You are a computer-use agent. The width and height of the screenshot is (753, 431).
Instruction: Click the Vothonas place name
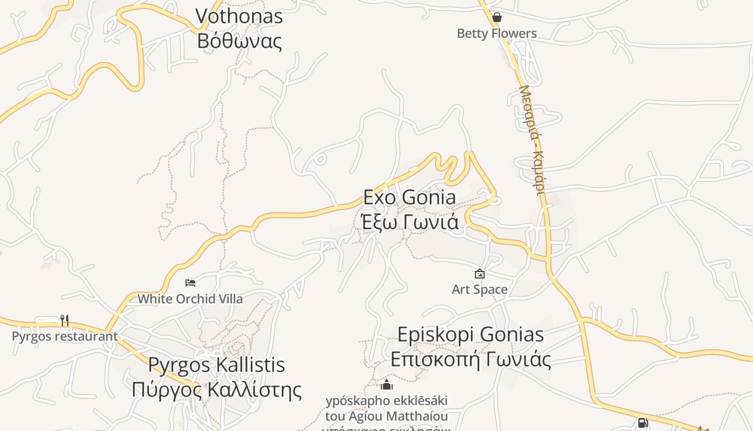pyautogui.click(x=239, y=16)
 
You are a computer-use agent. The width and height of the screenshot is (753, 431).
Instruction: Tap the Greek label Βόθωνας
pyautogui.click(x=239, y=41)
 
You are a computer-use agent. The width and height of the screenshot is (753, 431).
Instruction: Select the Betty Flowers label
pyautogui.click(x=496, y=33)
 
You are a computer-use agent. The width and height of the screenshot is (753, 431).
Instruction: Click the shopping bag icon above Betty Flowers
pyautogui.click(x=497, y=17)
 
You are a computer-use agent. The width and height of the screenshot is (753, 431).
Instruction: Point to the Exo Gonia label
pyautogui.click(x=409, y=197)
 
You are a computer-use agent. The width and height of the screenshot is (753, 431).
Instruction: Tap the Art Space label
pyautogui.click(x=479, y=289)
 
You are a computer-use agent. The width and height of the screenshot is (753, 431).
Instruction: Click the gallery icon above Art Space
pyautogui.click(x=480, y=274)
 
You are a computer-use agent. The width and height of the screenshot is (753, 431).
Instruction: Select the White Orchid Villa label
pyautogui.click(x=190, y=298)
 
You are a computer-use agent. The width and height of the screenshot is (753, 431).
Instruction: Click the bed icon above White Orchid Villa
pyautogui.click(x=190, y=283)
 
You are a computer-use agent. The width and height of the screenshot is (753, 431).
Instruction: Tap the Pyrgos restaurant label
pyautogui.click(x=65, y=337)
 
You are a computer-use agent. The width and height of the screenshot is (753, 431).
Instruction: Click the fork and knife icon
pyautogui.click(x=65, y=321)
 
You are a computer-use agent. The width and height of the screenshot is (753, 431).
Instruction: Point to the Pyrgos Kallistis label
pyautogui.click(x=216, y=365)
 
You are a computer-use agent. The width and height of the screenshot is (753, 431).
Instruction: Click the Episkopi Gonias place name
pyautogui.click(x=471, y=335)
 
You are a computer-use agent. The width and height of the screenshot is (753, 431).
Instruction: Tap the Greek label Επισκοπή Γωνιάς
pyautogui.click(x=471, y=359)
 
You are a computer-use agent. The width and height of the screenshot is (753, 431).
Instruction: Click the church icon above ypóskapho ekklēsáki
pyautogui.click(x=387, y=385)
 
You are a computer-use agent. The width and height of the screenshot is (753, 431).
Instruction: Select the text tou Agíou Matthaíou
pyautogui.click(x=386, y=416)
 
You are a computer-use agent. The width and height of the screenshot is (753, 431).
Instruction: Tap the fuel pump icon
pyautogui.click(x=643, y=423)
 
